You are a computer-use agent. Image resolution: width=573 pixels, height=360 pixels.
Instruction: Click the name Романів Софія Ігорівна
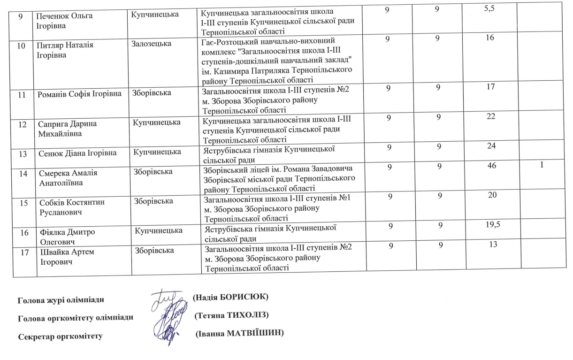78,94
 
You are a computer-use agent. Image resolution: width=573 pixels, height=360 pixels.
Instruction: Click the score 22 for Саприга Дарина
491,116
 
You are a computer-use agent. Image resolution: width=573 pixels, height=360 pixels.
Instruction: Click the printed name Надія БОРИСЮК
230,298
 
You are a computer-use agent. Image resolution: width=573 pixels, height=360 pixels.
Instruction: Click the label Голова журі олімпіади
61,299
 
